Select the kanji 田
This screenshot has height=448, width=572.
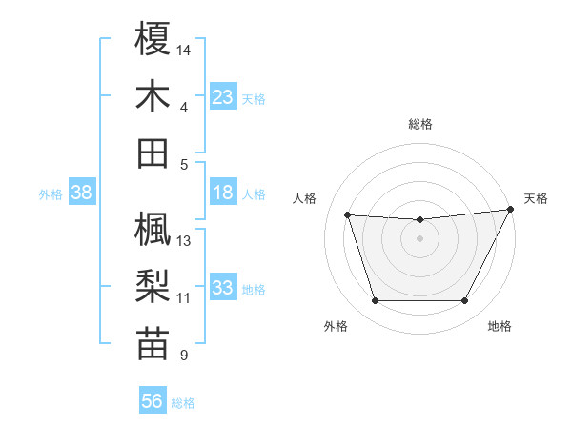click(x=153, y=153)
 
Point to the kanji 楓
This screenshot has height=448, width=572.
click(x=153, y=229)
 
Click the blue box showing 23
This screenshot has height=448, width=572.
click(x=223, y=96)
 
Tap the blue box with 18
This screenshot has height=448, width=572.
click(x=223, y=193)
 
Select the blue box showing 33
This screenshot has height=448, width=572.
click(x=223, y=288)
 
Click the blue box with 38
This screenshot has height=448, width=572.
click(x=82, y=193)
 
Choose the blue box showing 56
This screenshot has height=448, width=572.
click(x=153, y=401)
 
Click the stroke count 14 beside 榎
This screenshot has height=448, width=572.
click(x=184, y=50)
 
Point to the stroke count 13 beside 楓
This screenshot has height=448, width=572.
click(x=184, y=240)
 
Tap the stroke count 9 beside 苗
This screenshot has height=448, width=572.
click(x=183, y=356)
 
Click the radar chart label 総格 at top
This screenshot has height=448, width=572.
click(x=419, y=124)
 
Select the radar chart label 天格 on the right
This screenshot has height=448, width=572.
click(x=536, y=198)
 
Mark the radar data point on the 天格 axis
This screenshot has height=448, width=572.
click(x=511, y=210)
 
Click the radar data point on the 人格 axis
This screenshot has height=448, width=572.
click(x=348, y=214)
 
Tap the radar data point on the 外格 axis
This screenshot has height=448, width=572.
click(x=375, y=301)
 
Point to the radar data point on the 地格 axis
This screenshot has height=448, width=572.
click(x=465, y=301)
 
